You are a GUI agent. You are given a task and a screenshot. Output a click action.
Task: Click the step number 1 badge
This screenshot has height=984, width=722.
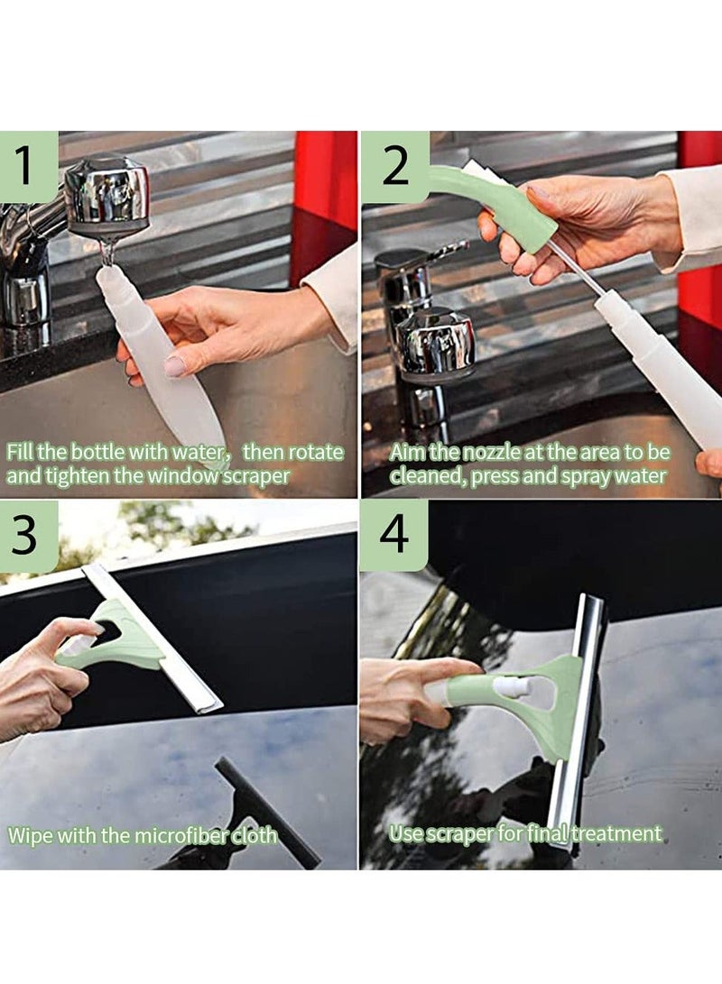(29, 166)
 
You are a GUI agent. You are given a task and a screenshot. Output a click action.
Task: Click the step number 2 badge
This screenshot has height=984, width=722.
(395, 166)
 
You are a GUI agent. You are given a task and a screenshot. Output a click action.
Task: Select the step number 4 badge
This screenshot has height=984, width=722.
(393, 536)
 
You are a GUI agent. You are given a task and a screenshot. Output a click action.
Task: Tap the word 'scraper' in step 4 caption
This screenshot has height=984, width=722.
(460, 833)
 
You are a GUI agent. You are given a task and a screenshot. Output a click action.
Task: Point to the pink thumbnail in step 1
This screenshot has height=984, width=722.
(174, 365)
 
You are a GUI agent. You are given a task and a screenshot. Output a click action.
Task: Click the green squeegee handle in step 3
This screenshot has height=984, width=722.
(117, 640)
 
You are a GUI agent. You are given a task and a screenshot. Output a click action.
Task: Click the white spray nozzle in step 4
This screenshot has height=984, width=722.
(512, 688)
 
